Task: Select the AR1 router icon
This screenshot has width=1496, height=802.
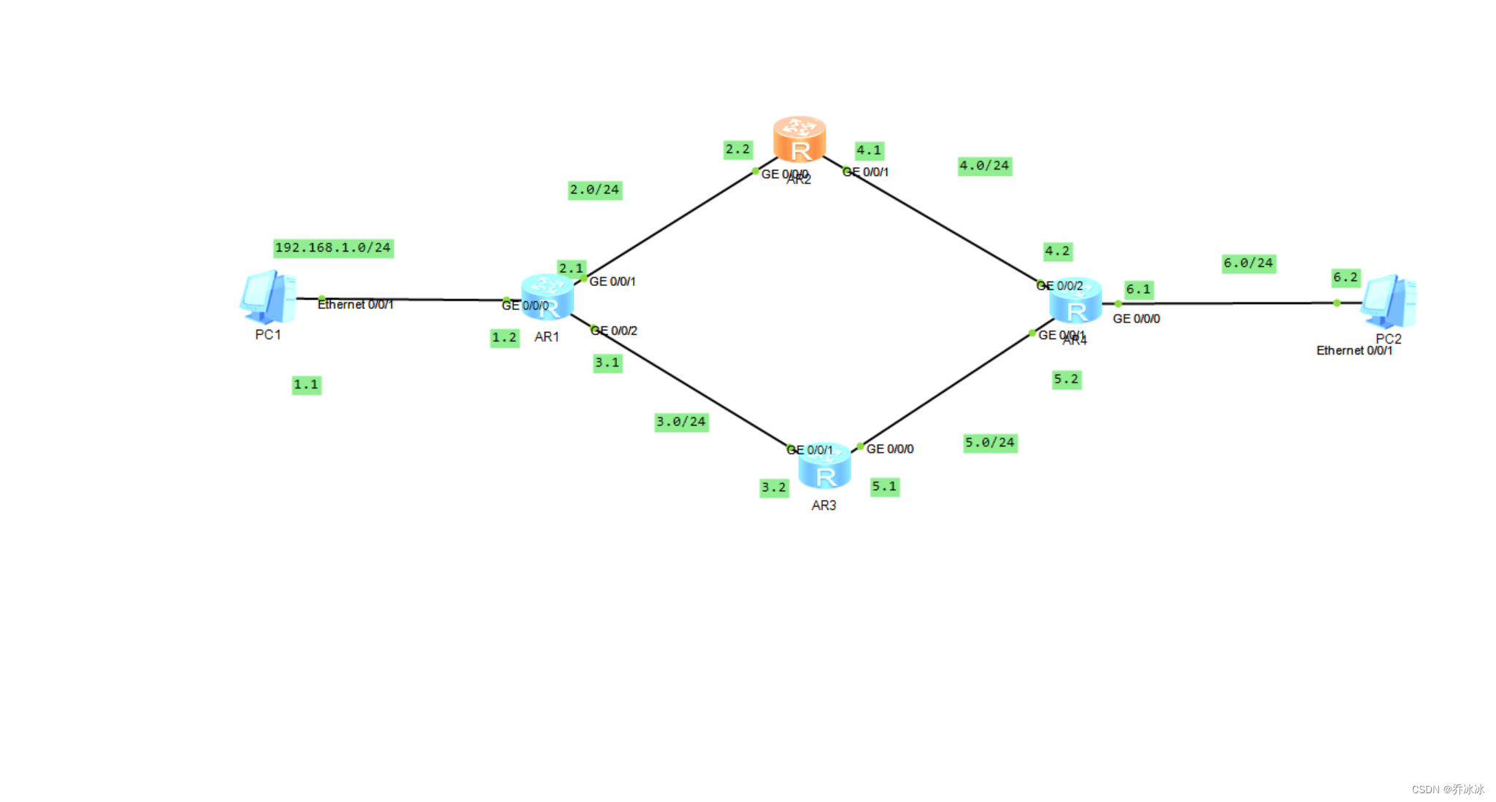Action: coord(548,296)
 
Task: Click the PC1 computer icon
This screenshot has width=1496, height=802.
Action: coord(268,296)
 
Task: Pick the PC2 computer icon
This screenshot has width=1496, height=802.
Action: coord(1388,301)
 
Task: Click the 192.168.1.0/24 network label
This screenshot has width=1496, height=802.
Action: coord(333,248)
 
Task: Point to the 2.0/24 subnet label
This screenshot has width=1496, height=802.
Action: coord(594,190)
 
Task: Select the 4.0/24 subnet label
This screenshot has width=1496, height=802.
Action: coord(984,166)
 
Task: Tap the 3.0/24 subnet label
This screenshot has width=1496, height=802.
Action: coord(680,422)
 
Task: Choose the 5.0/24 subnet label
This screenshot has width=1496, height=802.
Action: coord(990,443)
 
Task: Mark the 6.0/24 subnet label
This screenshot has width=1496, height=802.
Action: coord(1248,263)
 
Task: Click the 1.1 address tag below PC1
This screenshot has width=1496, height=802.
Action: coord(306,385)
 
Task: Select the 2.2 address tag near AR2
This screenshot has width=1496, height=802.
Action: coord(737,150)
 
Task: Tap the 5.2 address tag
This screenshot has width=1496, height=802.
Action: coord(1066,379)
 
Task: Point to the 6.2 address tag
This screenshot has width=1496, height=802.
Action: coord(1346,277)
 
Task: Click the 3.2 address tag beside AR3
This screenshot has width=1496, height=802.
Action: coord(774,487)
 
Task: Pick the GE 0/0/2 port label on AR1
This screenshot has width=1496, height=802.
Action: coord(615,331)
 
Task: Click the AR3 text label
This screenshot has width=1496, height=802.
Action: coord(824,506)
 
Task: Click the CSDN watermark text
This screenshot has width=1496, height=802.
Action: coord(1447,790)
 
